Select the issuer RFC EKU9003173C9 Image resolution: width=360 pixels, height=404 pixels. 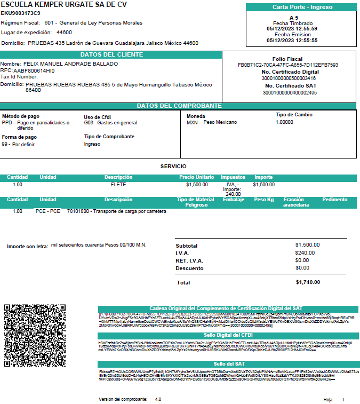click(x=21, y=13)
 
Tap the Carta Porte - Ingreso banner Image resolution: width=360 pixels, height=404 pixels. click(x=301, y=7)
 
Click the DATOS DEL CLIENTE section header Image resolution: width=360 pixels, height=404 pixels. click(x=111, y=54)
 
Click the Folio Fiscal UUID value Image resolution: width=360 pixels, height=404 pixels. click(x=288, y=65)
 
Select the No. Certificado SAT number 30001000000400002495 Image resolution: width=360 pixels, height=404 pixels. click(x=290, y=92)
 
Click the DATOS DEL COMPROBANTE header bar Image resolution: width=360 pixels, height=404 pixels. click(x=179, y=106)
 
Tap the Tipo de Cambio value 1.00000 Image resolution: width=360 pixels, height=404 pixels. click(x=284, y=122)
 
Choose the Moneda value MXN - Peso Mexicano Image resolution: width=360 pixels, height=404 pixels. click(x=212, y=122)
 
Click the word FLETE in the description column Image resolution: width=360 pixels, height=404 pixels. click(x=118, y=185)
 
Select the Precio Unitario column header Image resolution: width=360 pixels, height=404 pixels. click(x=196, y=177)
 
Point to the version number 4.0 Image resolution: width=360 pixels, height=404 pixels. click(x=158, y=399)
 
